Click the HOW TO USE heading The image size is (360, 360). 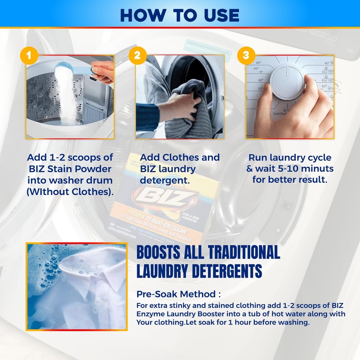[x=180, y=14]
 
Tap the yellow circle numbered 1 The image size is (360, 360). [x=29, y=55]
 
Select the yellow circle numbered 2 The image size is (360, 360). [x=136, y=55]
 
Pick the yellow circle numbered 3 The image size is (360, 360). [x=246, y=55]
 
